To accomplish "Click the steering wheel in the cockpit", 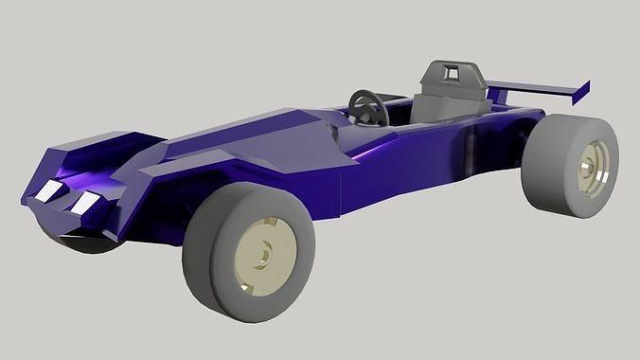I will point(367,107).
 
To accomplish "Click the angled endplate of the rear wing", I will point(579,92).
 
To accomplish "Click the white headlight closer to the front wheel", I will point(86,202).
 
